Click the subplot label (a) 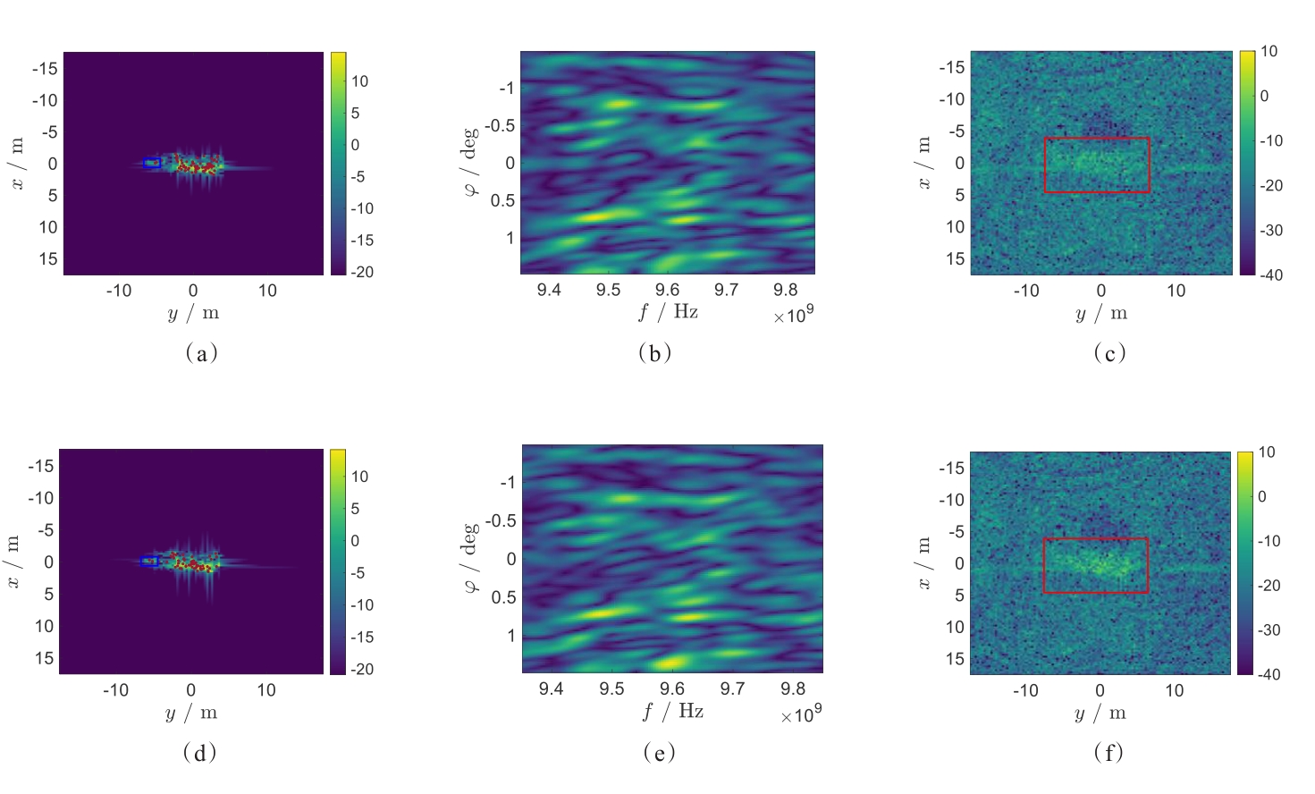pyautogui.click(x=201, y=353)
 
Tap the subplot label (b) pyautogui.click(x=655, y=353)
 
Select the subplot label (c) pyautogui.click(x=1109, y=353)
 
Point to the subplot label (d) pyautogui.click(x=199, y=753)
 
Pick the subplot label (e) pyautogui.click(x=659, y=753)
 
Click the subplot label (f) pyautogui.click(x=1108, y=753)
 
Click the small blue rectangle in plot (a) pyautogui.click(x=151, y=163)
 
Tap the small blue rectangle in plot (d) pyautogui.click(x=149, y=562)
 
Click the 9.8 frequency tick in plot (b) pyautogui.click(x=785, y=290)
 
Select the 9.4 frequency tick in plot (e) pyautogui.click(x=551, y=688)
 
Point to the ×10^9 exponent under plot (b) pyautogui.click(x=793, y=316)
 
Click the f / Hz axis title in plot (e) pyautogui.click(x=672, y=712)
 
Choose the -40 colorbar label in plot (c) pyautogui.click(x=1270, y=275)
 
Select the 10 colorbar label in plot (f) pyautogui.click(x=1267, y=452)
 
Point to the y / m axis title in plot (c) pyautogui.click(x=1100, y=313)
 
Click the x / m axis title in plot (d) pyautogui.click(x=13, y=562)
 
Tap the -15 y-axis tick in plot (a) pyautogui.click(x=45, y=68)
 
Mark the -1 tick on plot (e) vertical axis pyautogui.click(x=507, y=483)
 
